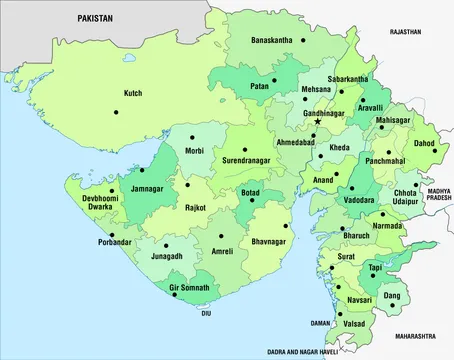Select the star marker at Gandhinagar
coord(318,122)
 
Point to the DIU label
coord(207,313)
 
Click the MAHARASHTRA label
coord(417,336)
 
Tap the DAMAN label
coord(321,324)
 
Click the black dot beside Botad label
coord(253,202)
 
